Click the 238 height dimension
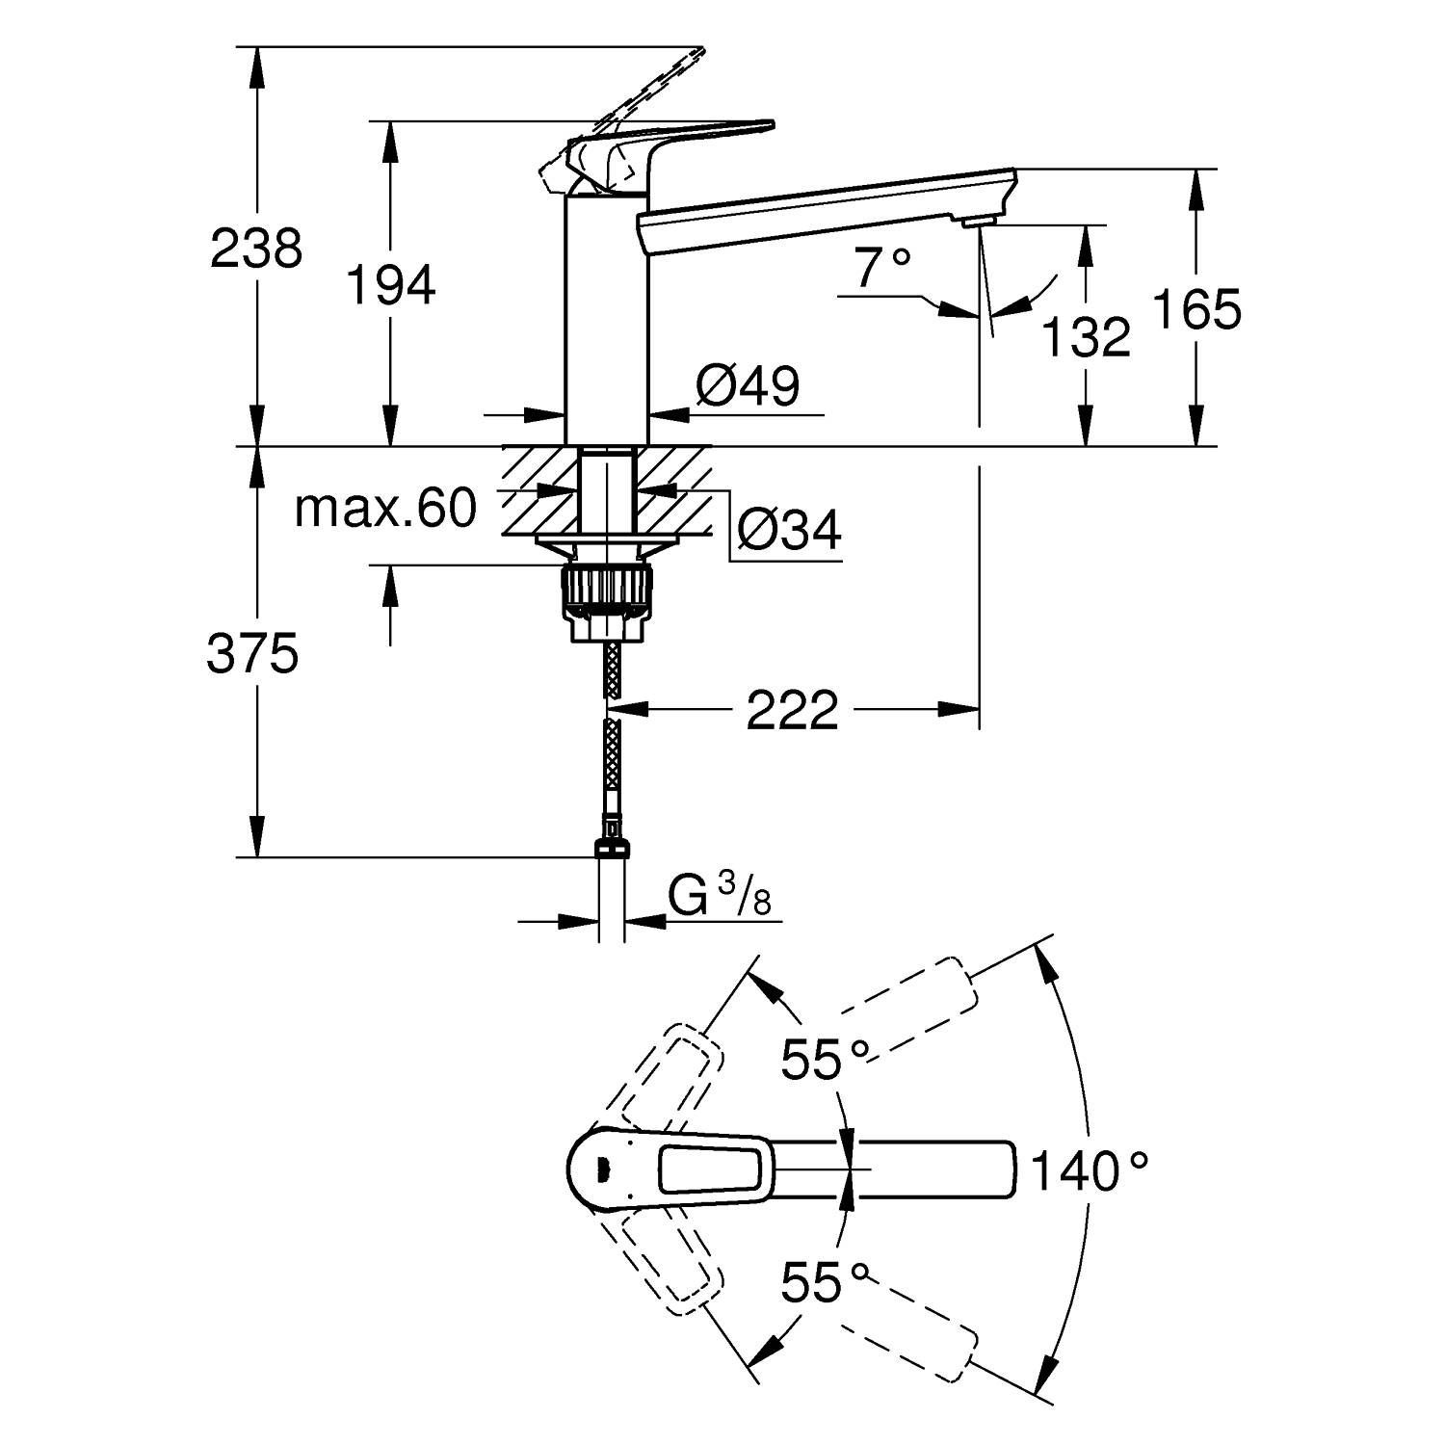coord(256,250)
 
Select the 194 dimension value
coord(390,285)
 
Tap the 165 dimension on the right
coord(1196,310)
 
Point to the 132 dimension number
coord(1087,337)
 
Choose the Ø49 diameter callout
coord(748,387)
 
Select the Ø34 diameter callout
coord(788,529)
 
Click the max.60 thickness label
coord(385,508)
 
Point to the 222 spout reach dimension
coord(792,711)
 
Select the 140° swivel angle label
coord(1090,1171)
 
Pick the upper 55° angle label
coord(825,1060)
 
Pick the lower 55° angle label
coord(825,1282)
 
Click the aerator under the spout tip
coord(977,223)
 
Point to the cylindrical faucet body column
coord(605,318)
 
